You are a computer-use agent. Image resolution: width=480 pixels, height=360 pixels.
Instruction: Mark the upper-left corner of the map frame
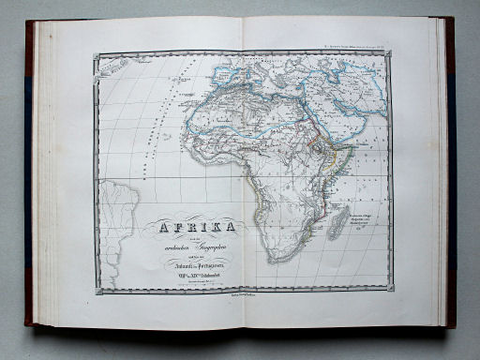pos(95,54)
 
